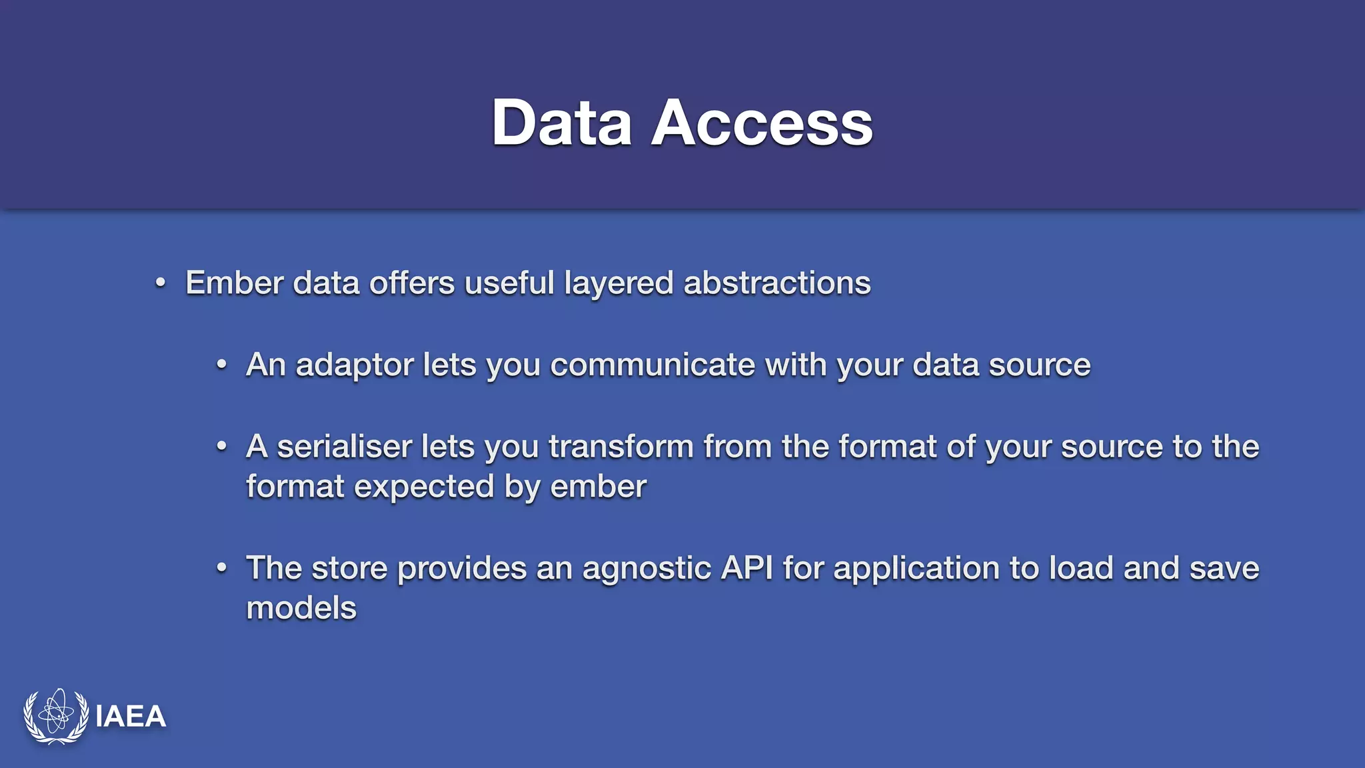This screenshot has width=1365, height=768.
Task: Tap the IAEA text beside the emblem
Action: coord(131,717)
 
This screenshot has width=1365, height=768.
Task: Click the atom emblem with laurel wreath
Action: coord(56,716)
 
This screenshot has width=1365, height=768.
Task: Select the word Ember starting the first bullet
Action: coord(235,283)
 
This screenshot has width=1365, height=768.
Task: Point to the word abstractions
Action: coord(777,283)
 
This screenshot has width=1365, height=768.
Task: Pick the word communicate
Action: coord(652,365)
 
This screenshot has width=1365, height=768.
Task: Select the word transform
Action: coord(621,446)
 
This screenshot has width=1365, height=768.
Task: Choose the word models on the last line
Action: coord(301,608)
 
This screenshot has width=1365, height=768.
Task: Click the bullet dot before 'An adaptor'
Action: coord(221,365)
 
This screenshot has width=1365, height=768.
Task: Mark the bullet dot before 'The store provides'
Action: coord(221,568)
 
